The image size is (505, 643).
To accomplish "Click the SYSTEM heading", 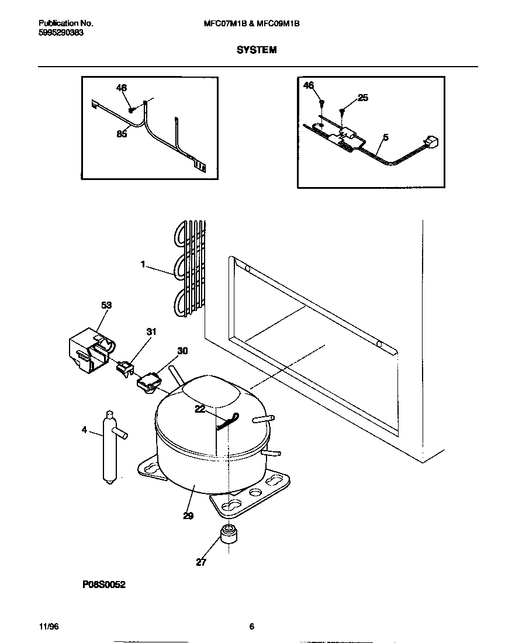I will (256, 50).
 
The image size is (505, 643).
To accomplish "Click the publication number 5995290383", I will (61, 33).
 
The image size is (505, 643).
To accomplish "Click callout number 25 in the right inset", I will (363, 98).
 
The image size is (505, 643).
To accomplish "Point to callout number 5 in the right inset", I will (385, 138).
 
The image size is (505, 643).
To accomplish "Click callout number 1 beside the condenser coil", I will (143, 264).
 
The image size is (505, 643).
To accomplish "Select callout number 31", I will (151, 332).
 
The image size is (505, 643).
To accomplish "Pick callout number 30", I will (182, 351).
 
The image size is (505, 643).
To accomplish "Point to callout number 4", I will (84, 430).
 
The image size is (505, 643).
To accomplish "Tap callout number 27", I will (201, 563).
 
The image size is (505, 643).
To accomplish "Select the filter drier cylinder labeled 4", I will (109, 447).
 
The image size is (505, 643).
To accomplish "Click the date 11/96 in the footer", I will (49, 627).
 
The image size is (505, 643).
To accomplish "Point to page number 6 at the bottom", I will (251, 627).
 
